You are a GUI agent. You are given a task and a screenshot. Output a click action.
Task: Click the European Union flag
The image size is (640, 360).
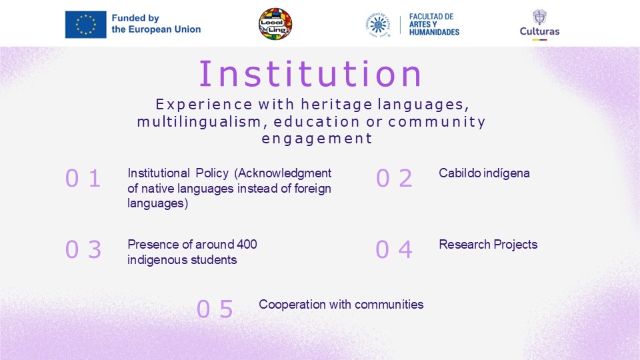click(86, 25)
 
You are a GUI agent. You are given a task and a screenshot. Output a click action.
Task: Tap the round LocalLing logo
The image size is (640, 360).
click(275, 24)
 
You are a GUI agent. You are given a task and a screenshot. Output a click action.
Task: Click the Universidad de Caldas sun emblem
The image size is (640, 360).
click(378, 25)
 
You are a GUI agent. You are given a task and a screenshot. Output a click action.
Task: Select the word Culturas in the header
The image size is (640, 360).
click(539, 31)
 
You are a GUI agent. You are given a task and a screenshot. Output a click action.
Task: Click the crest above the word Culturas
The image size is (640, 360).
click(539, 17)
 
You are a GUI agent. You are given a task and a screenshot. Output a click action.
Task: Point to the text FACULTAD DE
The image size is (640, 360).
click(431, 17)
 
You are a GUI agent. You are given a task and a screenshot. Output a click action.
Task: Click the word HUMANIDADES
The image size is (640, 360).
click(434, 32)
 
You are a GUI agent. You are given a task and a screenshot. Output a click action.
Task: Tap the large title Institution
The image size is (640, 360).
click(310, 74)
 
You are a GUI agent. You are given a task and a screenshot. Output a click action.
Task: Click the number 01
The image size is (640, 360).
click(83, 179)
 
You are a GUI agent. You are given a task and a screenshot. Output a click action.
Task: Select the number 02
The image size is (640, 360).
click(394, 179)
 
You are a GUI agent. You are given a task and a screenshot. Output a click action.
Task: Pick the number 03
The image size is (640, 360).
click(83, 249)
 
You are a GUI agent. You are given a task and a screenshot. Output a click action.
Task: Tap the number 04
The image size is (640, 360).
click(394, 249)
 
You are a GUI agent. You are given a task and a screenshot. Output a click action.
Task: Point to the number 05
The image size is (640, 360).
click(215, 309)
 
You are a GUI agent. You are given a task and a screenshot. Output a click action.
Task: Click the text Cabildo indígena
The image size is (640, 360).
click(484, 173)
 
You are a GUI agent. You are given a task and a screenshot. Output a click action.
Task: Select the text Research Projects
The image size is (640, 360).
click(488, 245)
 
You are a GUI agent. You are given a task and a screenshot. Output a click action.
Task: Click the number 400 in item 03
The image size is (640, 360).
click(247, 245)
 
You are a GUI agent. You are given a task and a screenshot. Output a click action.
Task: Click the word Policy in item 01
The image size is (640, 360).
click(212, 173)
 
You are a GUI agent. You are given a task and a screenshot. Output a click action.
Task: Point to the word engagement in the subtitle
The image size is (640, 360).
click(317, 139)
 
